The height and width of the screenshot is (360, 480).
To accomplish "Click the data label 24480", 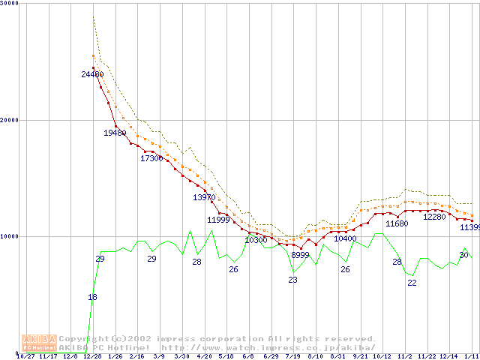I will pyautogui.click(x=92, y=74).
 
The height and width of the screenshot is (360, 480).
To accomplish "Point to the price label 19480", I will pyautogui.click(x=115, y=133).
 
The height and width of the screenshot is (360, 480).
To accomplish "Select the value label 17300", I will pyautogui.click(x=151, y=158).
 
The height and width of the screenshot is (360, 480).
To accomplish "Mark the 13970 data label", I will pyautogui.click(x=204, y=197).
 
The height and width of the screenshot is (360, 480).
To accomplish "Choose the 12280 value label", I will pyautogui.click(x=434, y=217).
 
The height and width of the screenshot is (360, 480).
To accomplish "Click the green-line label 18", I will pyautogui.click(x=92, y=298).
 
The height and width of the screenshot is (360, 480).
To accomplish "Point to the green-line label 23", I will pyautogui.click(x=292, y=280).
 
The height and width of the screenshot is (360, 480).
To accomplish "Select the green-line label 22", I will pyautogui.click(x=412, y=283).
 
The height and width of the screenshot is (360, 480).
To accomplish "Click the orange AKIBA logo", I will pyautogui.click(x=39, y=343).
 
